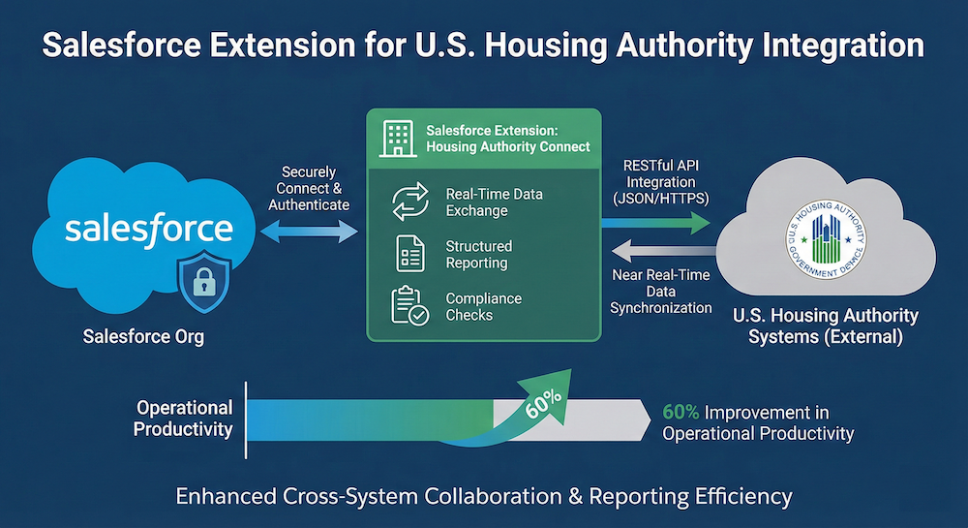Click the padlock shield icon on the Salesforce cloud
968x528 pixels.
(x=203, y=283)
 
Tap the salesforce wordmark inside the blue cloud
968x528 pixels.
(x=149, y=229)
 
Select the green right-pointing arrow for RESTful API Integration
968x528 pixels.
(x=654, y=225)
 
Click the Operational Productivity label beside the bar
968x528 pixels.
(x=183, y=419)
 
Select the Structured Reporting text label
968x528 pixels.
(x=478, y=255)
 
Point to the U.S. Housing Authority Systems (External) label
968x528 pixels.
(x=826, y=326)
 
